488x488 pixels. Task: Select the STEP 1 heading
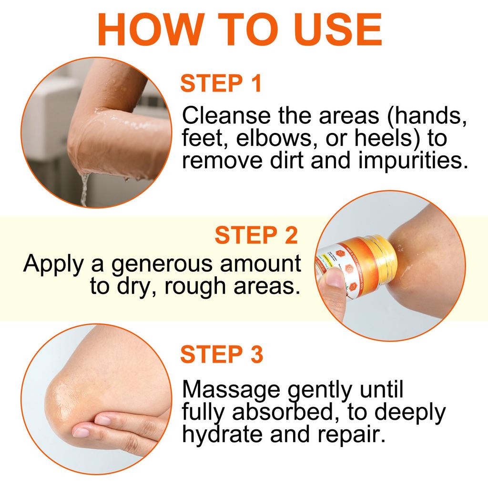click(221, 83)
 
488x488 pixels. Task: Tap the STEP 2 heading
click(256, 236)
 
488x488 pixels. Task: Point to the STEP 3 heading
click(222, 355)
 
